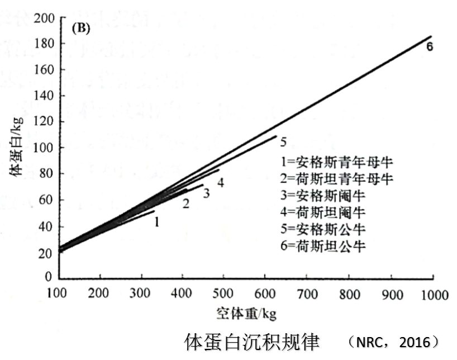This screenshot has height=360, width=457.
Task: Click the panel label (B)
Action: click(81, 29)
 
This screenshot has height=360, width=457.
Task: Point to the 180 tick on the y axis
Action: click(44, 44)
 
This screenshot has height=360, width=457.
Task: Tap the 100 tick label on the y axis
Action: click(44, 148)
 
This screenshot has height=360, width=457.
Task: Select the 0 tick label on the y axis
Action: click(49, 277)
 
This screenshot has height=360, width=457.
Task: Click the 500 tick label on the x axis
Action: click(223, 293)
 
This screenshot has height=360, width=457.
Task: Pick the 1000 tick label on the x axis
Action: click(435, 295)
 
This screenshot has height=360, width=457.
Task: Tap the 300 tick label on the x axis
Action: click(140, 293)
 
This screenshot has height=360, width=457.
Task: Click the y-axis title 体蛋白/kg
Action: click(17, 146)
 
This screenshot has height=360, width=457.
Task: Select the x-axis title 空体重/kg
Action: click(246, 314)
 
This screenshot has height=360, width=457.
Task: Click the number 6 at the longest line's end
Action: click(430, 47)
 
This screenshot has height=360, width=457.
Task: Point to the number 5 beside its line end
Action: click(283, 142)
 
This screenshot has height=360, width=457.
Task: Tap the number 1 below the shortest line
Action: click(157, 222)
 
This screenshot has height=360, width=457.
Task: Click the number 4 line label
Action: click(221, 183)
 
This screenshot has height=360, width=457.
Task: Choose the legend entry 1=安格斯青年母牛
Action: click(337, 162)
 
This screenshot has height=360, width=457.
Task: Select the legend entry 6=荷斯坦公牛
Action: click(323, 246)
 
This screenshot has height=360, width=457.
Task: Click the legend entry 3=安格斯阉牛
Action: click(323, 196)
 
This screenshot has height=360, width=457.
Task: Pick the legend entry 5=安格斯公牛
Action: click(323, 229)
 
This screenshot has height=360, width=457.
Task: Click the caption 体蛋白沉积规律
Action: click(252, 342)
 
